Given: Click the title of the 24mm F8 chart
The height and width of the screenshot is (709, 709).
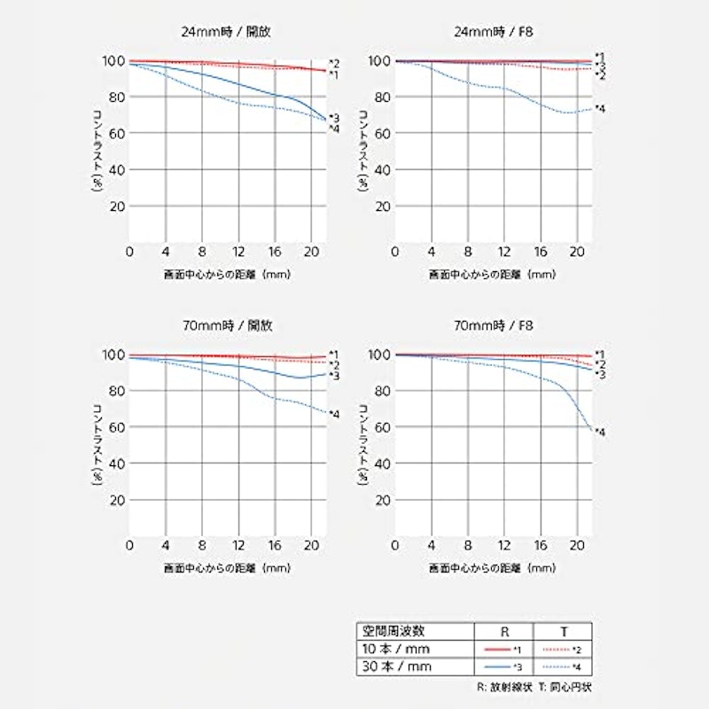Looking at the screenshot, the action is (494, 32).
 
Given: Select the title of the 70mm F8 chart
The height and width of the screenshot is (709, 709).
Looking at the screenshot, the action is (494, 325).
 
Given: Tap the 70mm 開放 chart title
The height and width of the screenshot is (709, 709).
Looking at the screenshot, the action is (228, 325).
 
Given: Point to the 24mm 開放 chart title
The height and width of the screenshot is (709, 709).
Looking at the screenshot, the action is (226, 32).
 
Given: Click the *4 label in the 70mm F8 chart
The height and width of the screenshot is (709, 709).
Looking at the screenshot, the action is (600, 432).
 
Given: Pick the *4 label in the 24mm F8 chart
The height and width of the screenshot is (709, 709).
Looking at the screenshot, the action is (600, 108).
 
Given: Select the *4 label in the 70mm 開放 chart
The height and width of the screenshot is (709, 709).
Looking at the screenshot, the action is (334, 414).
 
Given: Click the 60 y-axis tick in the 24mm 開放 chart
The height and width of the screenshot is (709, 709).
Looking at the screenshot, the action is (116, 134).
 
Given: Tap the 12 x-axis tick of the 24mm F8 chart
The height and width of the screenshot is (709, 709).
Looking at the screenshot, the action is (504, 252).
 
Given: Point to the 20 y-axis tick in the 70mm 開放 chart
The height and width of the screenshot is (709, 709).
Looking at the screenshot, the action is (116, 500).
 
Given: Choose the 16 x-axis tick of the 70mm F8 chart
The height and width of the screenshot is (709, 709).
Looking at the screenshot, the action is (541, 546).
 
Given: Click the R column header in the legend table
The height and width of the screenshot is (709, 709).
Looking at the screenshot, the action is (504, 632).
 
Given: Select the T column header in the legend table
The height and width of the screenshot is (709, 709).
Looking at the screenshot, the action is (564, 632).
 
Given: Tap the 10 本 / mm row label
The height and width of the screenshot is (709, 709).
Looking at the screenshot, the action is (395, 650).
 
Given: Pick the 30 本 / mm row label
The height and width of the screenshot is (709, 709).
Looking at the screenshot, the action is (396, 666).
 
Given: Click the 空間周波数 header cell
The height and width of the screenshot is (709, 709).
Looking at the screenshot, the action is (393, 631).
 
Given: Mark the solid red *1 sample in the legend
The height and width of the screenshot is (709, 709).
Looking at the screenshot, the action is (497, 650).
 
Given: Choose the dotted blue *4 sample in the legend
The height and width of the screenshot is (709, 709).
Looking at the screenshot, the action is (557, 667).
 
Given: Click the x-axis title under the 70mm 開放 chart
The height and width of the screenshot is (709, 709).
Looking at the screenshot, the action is (227, 568).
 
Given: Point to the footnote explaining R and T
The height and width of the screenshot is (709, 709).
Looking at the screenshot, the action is (534, 688).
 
